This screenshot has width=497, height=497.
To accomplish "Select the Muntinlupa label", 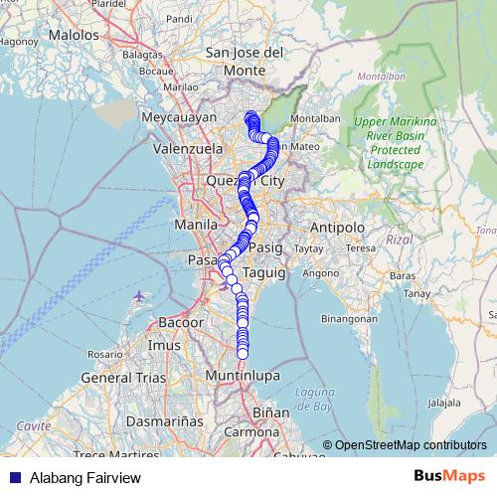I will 244,377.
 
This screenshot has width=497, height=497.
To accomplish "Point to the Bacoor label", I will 180,324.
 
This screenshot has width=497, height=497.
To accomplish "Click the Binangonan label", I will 350,320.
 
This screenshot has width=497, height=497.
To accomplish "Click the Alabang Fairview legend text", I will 85,478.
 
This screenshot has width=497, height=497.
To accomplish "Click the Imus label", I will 164,345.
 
